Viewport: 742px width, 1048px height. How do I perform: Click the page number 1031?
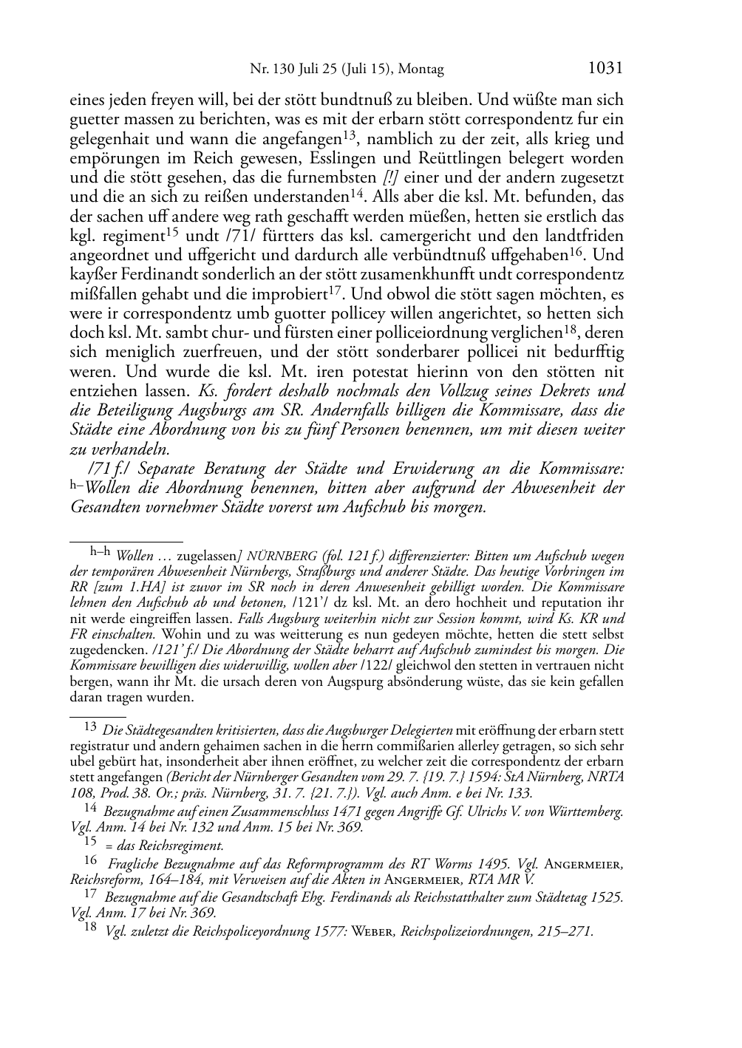pyautogui.click(x=605, y=68)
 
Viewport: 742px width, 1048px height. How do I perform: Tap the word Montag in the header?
pyautogui.click(x=421, y=69)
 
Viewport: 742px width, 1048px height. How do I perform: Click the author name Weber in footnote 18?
pyautogui.click(x=380, y=931)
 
